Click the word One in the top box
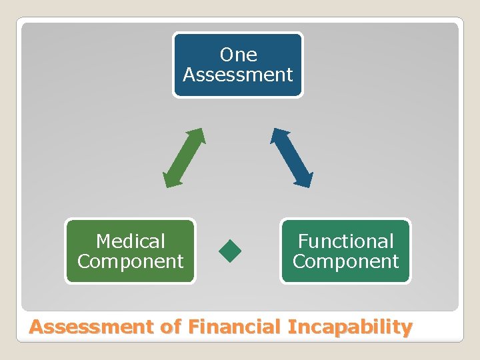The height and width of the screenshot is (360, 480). pos(238,55)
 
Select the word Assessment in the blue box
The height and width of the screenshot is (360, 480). pos(238,75)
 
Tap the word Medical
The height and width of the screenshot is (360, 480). pos(130,241)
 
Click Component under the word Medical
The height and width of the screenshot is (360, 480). pos(130,261)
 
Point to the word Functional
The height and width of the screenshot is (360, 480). pos(345,241)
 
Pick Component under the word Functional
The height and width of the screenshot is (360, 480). pos(345,261)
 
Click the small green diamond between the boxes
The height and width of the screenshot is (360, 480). pos(230,251)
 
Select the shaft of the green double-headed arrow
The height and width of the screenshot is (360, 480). pos(184,158)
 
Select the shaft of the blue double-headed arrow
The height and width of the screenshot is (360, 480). pos(291,158)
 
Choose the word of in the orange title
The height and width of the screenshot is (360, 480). pos(172,327)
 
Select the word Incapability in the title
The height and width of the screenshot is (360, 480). pos(350,327)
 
